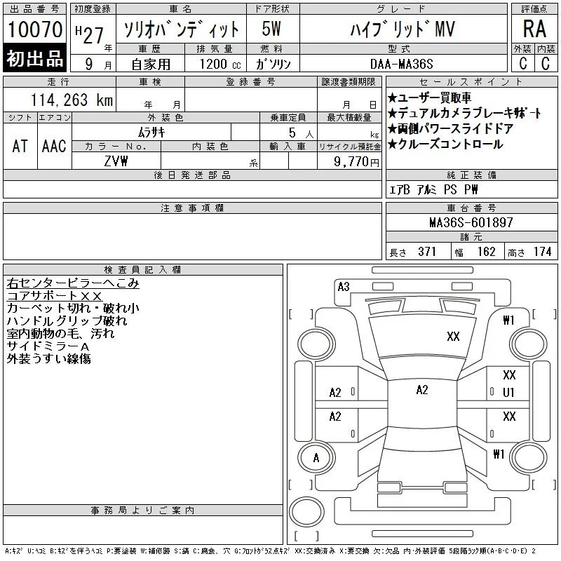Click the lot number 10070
(x=35, y=29)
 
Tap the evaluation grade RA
(x=534, y=29)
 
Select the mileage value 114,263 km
(x=72, y=100)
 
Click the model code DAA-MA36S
(x=401, y=64)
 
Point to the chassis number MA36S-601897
(x=471, y=222)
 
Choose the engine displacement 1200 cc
(x=220, y=64)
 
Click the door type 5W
(x=271, y=29)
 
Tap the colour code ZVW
(x=116, y=161)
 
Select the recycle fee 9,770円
(x=356, y=161)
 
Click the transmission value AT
(x=20, y=146)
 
